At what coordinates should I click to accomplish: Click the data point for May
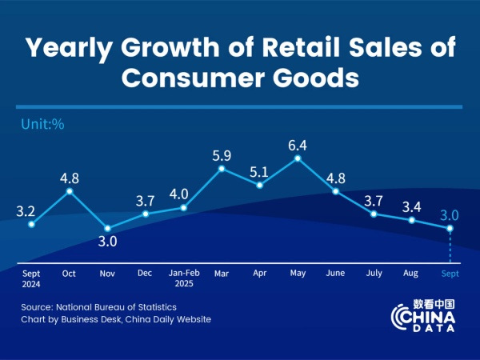pyautogui.click(x=298, y=158)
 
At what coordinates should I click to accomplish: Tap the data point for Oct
pyautogui.click(x=70, y=190)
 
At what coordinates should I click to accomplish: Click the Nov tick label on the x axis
pyautogui.click(x=108, y=273)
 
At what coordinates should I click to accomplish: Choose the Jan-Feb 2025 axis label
pyautogui.click(x=183, y=278)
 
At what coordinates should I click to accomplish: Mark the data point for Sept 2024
pyautogui.click(x=31, y=224)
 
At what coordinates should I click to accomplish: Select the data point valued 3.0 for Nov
pyautogui.click(x=107, y=228)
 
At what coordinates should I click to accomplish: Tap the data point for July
pyautogui.click(x=374, y=214)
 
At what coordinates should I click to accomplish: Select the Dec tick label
pyautogui.click(x=146, y=273)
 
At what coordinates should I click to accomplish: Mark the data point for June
pyautogui.click(x=336, y=191)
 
